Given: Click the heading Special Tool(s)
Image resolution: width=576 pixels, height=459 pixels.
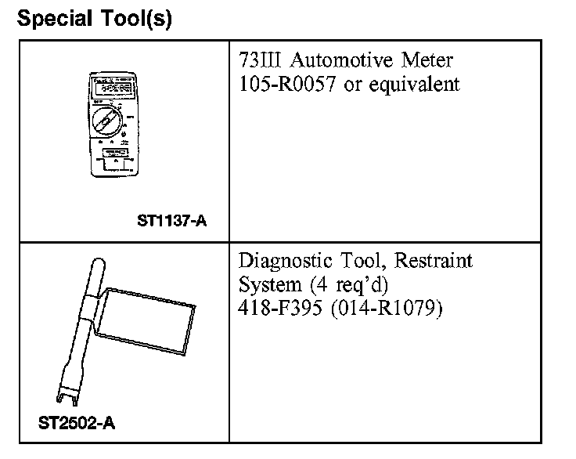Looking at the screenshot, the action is [x=95, y=18].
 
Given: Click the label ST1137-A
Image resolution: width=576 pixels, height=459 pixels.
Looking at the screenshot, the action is [x=171, y=221].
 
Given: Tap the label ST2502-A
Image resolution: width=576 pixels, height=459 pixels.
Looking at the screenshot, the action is [x=77, y=423].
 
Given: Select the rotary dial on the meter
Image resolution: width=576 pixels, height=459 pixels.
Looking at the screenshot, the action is [x=107, y=121].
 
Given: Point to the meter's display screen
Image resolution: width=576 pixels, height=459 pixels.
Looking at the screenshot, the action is [x=113, y=88].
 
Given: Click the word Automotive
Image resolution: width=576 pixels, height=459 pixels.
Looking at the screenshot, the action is [x=341, y=60].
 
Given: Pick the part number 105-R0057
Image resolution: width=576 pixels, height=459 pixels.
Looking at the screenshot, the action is [x=287, y=84].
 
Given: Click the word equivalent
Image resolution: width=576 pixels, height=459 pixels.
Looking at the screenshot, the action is [x=414, y=84].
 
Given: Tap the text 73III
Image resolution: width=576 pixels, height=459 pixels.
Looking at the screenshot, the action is [x=260, y=60].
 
